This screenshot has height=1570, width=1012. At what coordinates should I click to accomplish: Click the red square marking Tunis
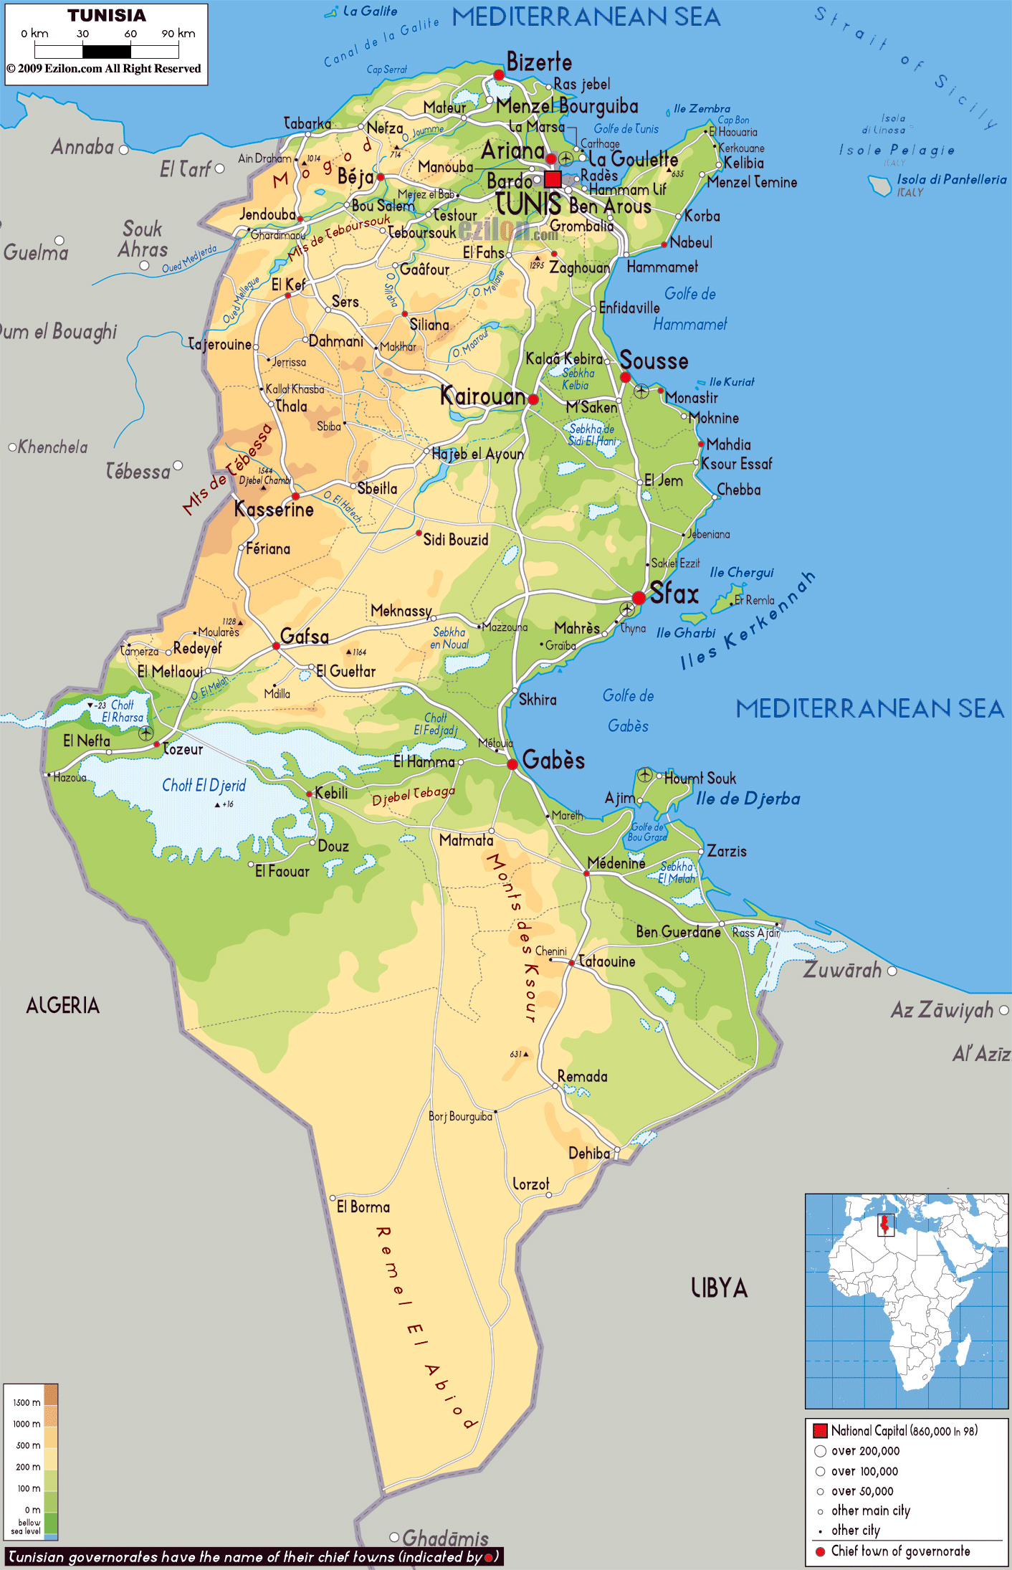pos(553,179)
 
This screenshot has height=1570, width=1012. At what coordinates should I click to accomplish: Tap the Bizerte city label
pos(539,62)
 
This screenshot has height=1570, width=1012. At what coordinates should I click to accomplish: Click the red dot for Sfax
pos(639,598)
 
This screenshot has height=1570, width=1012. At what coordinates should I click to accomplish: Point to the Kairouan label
pos(482,396)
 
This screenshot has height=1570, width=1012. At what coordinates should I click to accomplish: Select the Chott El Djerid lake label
pos(204,785)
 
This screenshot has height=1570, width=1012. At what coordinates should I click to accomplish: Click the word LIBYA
pos(719,1288)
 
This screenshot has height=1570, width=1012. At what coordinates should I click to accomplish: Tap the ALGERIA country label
pos(63,1005)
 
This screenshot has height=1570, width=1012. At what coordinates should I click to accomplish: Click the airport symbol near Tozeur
pos(146,733)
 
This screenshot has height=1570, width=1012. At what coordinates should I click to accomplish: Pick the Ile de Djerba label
pos(748,799)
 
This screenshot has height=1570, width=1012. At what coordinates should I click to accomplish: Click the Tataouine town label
pos(606,961)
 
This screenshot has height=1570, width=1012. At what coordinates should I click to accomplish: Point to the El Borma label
pos(363,1207)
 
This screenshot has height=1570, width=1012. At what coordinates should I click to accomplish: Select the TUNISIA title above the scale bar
pos(107,16)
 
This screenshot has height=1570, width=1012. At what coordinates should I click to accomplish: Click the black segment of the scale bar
pos(107,52)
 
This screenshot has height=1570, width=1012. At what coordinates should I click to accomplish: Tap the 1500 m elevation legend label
pos(27,1402)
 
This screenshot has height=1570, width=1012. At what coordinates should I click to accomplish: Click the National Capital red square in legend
pos(821,1431)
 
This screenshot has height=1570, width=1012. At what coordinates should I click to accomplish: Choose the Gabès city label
pos(553,760)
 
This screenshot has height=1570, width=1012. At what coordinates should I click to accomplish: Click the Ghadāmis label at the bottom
pos(445,1538)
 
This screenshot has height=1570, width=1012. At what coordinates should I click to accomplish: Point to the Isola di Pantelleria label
pos(952,179)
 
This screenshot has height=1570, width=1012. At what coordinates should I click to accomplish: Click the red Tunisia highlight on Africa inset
pos(886,1224)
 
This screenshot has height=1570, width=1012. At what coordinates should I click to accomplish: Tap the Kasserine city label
pos(274,510)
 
